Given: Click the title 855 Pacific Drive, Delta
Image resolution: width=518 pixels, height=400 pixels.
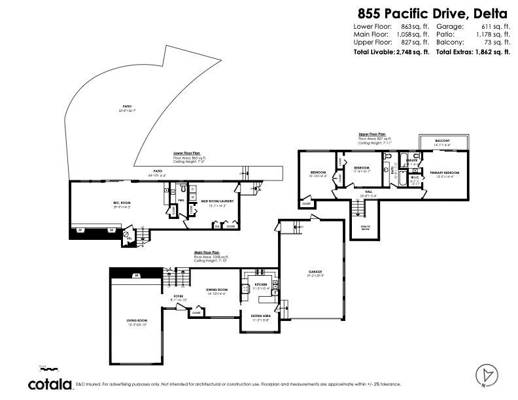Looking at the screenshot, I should point(432,12).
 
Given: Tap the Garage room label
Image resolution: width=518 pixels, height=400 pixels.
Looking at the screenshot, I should point(316,272).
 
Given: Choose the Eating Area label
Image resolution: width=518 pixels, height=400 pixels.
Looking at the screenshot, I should point(261,316).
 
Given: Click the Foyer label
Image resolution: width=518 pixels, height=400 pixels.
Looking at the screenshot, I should point(179,296).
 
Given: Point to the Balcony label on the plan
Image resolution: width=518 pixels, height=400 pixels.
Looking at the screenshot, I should point(443,141).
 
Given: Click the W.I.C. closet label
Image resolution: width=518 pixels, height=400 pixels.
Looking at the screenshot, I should point(415,177).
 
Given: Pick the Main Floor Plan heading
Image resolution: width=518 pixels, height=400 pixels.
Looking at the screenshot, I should point(207,252).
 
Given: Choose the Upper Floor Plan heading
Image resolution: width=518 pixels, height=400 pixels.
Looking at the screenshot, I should point(372,133).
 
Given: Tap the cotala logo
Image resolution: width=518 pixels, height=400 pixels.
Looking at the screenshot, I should point(50,384).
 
